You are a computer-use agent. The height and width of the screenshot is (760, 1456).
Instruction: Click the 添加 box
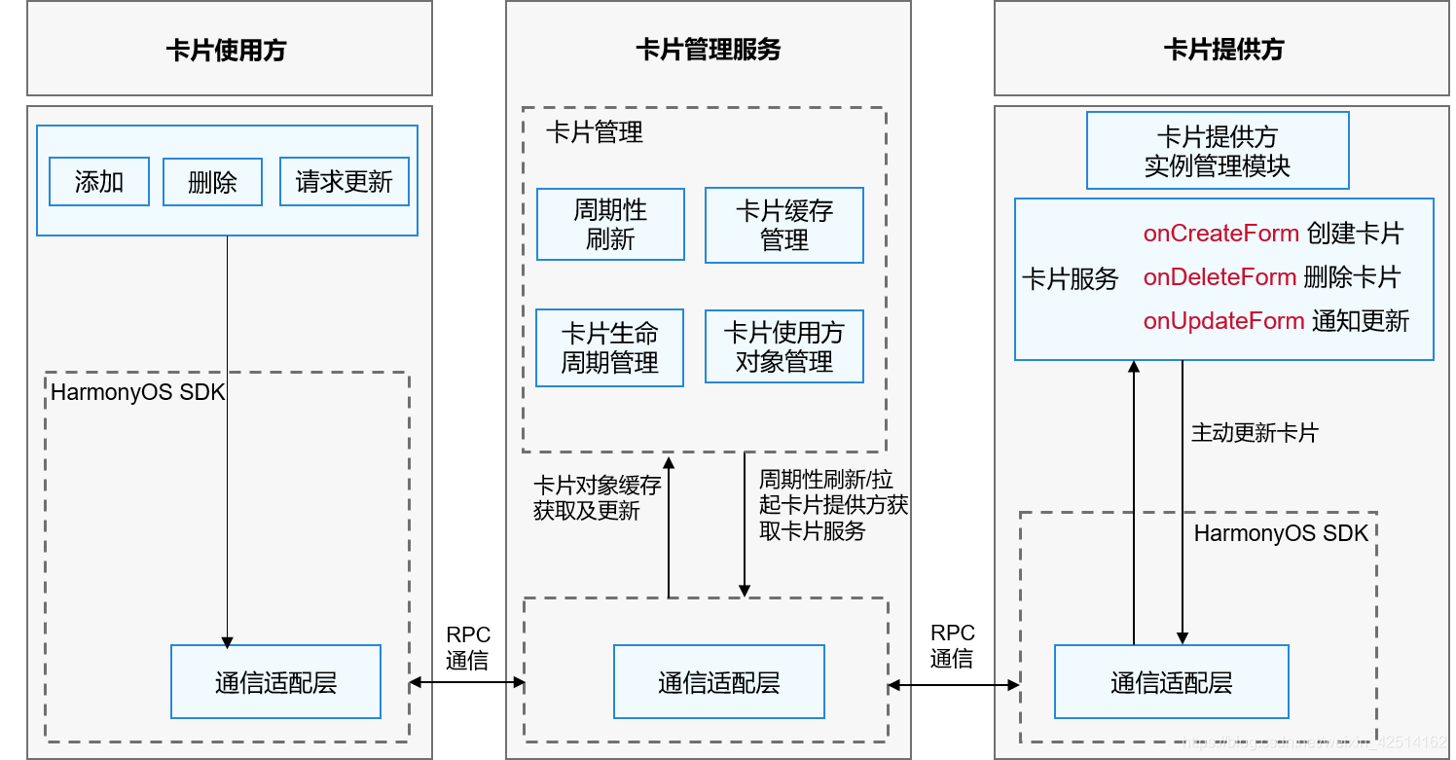click(99, 182)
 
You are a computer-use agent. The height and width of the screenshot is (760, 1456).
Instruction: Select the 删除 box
click(212, 182)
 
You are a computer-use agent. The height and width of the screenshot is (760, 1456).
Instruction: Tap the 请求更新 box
click(345, 182)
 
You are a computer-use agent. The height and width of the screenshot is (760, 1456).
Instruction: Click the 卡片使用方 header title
click(227, 50)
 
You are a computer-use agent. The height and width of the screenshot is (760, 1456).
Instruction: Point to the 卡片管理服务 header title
click(708, 50)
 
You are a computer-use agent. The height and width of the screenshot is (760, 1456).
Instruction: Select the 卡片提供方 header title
click(1223, 50)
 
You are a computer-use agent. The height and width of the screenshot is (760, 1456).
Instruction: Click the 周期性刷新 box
click(610, 225)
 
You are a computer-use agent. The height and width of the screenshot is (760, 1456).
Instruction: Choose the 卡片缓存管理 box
click(783, 226)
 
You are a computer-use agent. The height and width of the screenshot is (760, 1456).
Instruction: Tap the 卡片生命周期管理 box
click(610, 348)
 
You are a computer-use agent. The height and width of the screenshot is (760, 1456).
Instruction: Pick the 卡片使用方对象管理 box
click(783, 347)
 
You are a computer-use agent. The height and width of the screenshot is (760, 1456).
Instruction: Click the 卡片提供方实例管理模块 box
click(1217, 151)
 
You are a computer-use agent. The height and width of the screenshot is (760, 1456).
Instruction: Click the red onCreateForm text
click(1220, 234)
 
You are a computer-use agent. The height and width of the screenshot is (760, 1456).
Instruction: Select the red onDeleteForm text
click(1219, 277)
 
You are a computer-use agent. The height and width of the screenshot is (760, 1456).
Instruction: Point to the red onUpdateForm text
click(1223, 321)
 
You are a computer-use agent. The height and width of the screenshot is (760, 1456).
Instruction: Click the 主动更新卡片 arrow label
click(1255, 433)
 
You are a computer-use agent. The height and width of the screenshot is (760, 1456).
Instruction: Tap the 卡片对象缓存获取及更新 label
click(597, 498)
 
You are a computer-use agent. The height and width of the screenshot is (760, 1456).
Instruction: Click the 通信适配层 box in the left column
click(275, 682)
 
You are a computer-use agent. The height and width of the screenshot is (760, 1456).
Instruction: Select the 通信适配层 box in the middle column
click(718, 682)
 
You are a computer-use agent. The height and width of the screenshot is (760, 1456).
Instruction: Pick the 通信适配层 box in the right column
click(1171, 682)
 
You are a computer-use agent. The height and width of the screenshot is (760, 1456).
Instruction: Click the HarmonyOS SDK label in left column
click(137, 393)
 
